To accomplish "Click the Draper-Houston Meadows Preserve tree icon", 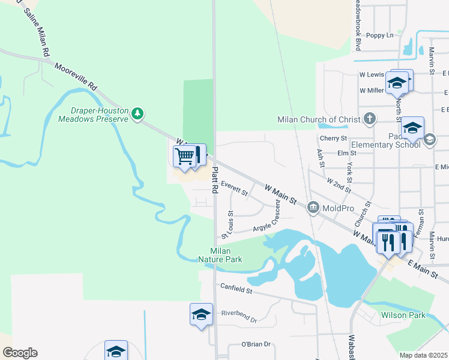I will (x=139, y=113).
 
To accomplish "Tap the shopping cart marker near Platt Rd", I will (x=185, y=156).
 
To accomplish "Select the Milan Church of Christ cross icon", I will (x=370, y=118).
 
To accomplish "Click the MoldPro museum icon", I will (x=313, y=208).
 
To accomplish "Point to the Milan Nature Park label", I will (x=226, y=255).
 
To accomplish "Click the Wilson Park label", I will (x=403, y=315).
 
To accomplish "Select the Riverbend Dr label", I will (x=238, y=316).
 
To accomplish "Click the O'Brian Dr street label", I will (x=256, y=344).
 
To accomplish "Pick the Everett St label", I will (x=234, y=188).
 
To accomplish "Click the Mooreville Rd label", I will (x=76, y=77).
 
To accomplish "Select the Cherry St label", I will (x=336, y=138).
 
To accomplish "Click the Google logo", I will (x=20, y=353).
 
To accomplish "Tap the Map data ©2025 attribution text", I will (x=423, y=355).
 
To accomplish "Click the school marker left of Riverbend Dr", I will (x=201, y=314).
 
